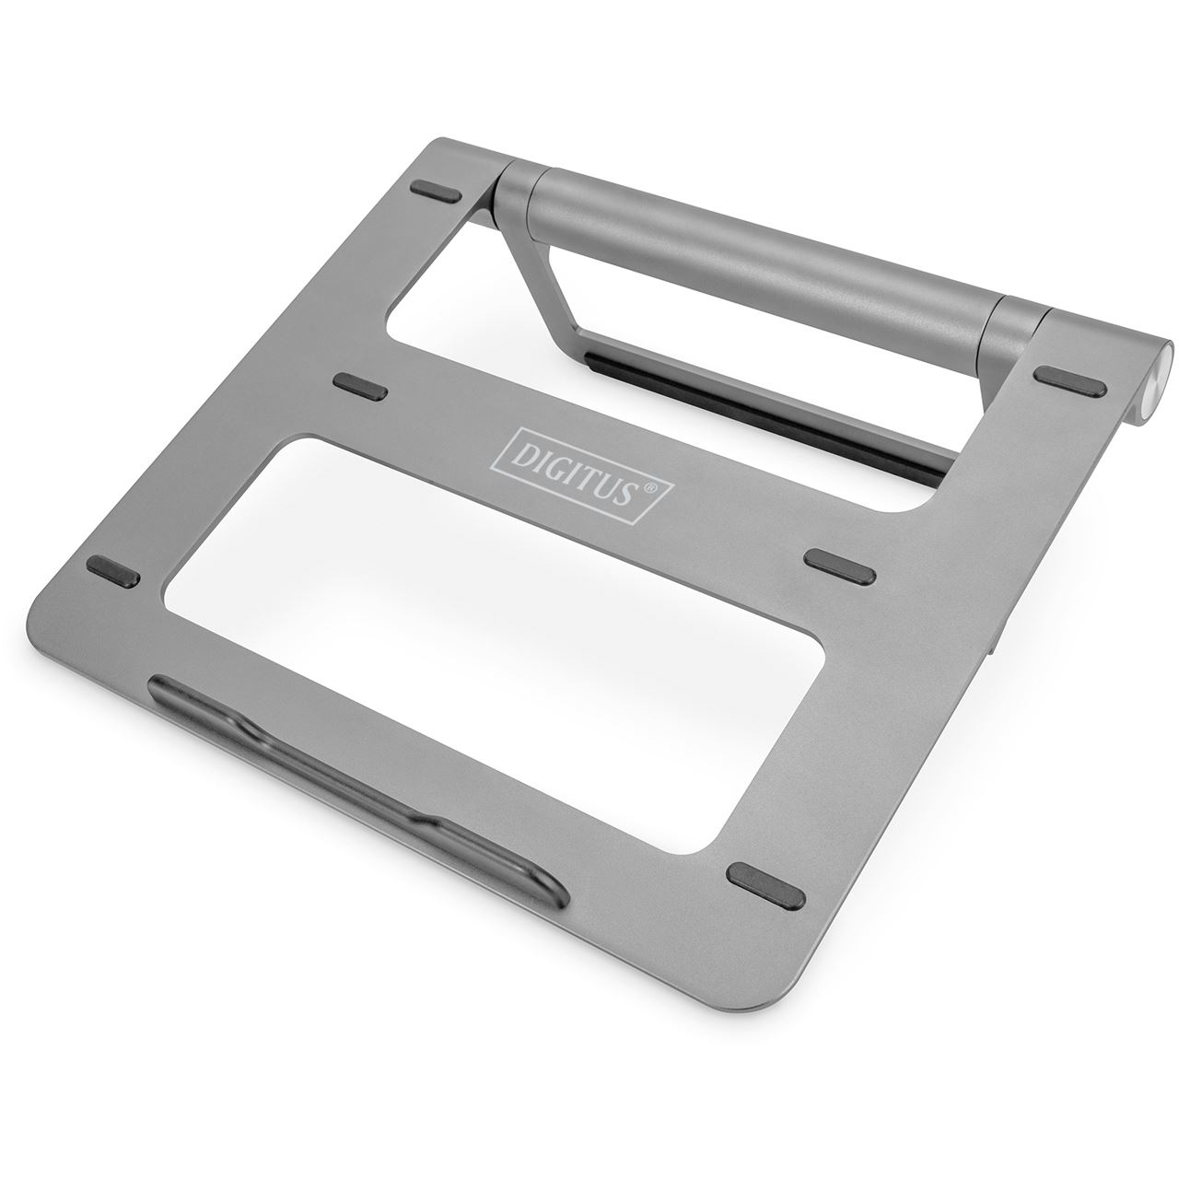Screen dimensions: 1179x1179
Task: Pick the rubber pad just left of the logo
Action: [359, 385]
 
